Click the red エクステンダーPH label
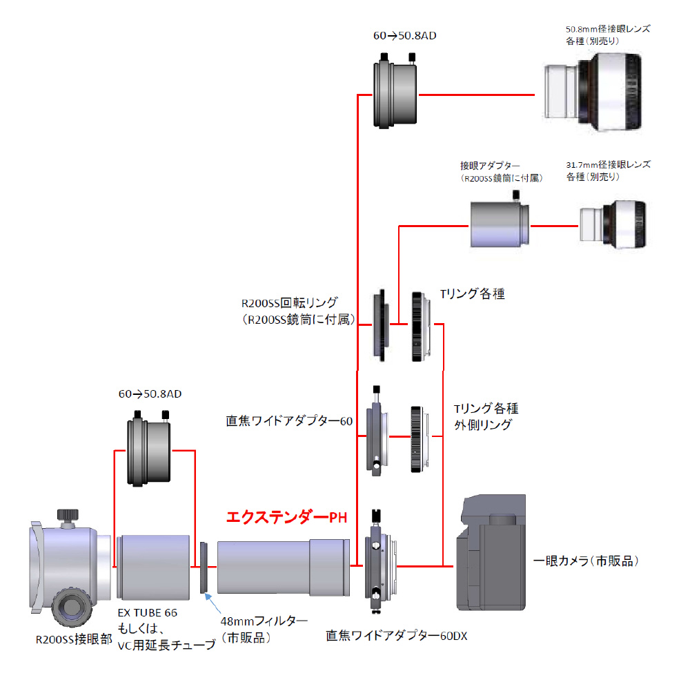(x=286, y=517)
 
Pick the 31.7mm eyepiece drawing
(x=613, y=224)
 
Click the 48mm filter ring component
(x=204, y=567)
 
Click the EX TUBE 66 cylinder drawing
(x=153, y=565)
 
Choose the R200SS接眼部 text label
(x=73, y=639)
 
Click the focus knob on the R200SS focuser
(x=69, y=605)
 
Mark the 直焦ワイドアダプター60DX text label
(x=396, y=635)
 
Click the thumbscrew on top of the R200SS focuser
(x=68, y=516)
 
